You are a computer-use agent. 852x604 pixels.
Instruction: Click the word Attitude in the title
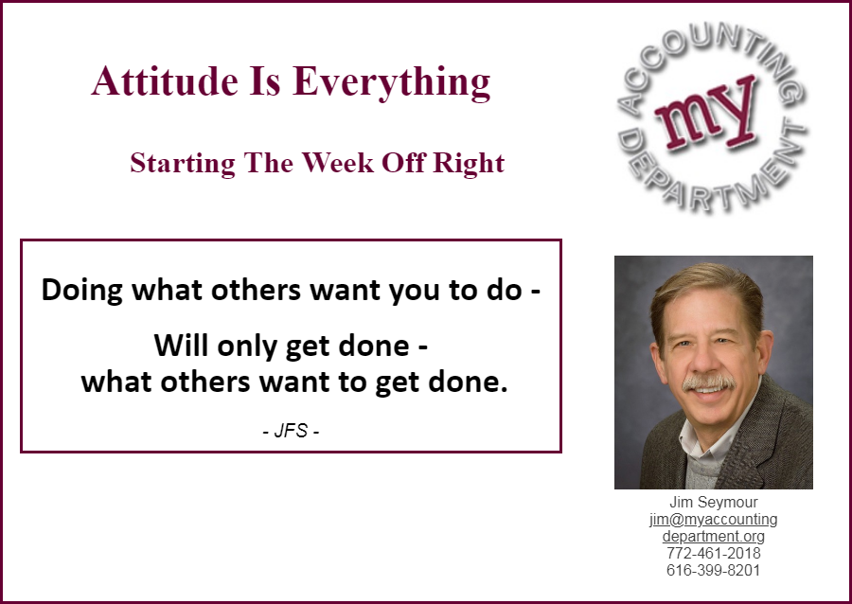165,80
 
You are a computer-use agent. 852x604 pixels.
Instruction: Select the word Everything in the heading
391,83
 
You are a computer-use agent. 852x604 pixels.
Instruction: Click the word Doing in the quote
82,290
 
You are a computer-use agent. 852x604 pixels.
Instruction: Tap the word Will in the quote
182,345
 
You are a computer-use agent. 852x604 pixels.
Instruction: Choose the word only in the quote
247,346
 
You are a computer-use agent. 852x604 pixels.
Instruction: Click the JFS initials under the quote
291,431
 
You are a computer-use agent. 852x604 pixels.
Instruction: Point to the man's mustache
708,382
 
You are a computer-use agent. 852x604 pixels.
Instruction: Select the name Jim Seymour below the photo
714,502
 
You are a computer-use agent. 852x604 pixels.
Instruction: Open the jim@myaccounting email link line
714,519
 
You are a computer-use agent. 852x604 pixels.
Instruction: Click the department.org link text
714,537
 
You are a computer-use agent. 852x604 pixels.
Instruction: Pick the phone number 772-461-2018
714,554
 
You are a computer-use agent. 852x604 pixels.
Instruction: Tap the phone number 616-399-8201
714,570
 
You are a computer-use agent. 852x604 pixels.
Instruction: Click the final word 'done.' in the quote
468,382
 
